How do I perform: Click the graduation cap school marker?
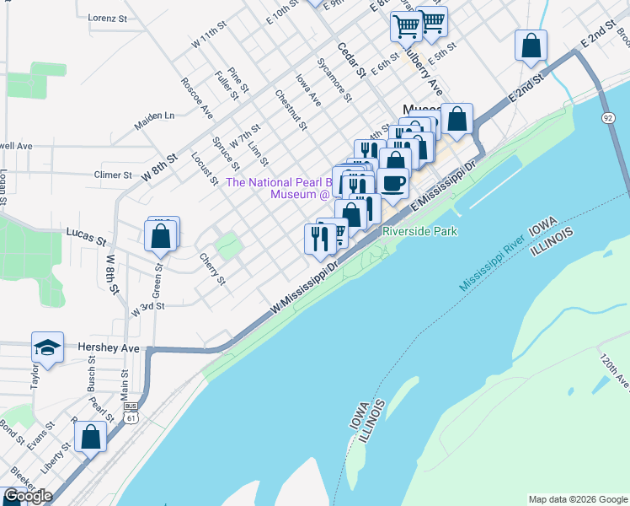pos(48,347)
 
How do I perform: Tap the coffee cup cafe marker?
pos(392,183)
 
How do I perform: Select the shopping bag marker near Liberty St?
pos(90,438)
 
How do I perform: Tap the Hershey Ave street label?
pos(108,347)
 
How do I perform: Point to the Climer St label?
pos(114,175)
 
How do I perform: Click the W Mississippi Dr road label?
pos(304,288)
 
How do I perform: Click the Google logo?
pos(28,496)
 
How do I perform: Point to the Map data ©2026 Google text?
pos(577,499)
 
